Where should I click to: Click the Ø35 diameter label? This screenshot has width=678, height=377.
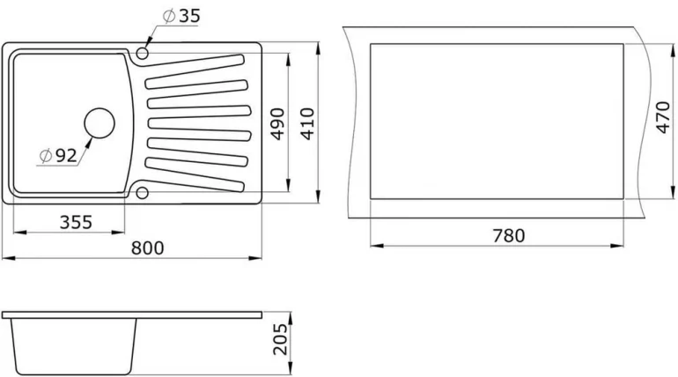[181, 16]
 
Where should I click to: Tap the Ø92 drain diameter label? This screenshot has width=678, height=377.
[58, 156]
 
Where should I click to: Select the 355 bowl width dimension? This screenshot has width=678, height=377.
[76, 222]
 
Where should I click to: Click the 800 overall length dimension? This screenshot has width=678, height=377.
[147, 248]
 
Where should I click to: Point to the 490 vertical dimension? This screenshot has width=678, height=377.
[277, 124]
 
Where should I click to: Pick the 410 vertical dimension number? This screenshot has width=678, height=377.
[307, 124]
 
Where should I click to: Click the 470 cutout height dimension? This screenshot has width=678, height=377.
[662, 117]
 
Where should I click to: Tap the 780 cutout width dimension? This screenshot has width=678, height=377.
[509, 236]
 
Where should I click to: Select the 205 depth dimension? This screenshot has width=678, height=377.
[280, 339]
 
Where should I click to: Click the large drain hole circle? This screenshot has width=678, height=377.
[99, 123]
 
